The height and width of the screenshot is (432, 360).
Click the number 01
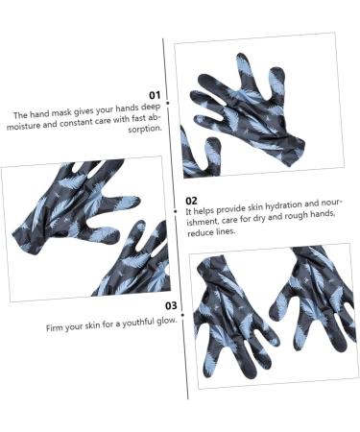[x=155, y=95]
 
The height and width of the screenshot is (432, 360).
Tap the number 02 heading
[x=191, y=201]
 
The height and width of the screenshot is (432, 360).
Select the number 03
[x=171, y=306]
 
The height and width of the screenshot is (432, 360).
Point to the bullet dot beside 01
[x=168, y=103]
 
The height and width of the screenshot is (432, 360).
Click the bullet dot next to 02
[x=175, y=211]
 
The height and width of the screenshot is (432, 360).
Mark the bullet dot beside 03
[x=182, y=315]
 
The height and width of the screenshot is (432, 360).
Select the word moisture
[x=23, y=125]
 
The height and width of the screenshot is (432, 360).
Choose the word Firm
[x=54, y=328]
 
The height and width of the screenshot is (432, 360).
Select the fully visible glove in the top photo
[x=248, y=109]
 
